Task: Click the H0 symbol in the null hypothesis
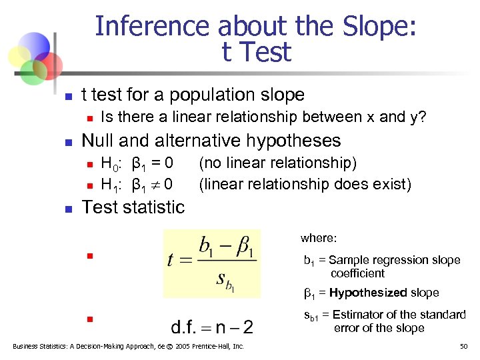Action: (109, 163)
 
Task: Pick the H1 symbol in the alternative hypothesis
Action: (109, 183)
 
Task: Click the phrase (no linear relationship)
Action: (277, 163)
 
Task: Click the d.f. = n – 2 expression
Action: (212, 327)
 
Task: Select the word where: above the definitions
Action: (319, 238)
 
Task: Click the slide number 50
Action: (464, 346)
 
